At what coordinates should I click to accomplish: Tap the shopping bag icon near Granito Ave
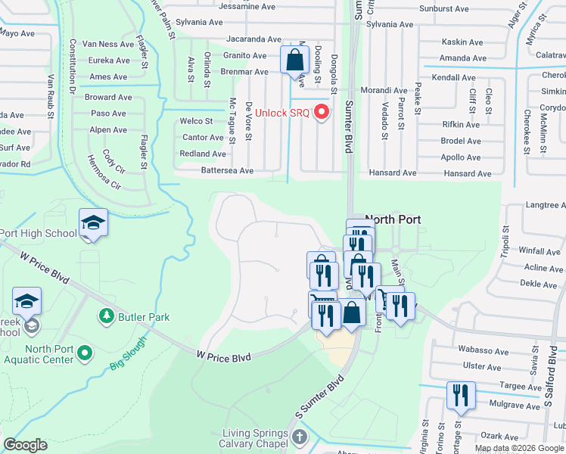(294, 60)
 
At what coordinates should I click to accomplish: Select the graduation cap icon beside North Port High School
(93, 222)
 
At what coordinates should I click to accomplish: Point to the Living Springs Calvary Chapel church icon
(299, 437)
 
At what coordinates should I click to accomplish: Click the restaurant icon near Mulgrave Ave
(459, 396)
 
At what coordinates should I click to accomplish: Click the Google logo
(25, 445)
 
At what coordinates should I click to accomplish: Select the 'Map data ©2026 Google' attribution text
(518, 448)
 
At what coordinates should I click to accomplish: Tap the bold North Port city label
(392, 219)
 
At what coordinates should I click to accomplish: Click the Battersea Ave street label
(226, 171)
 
